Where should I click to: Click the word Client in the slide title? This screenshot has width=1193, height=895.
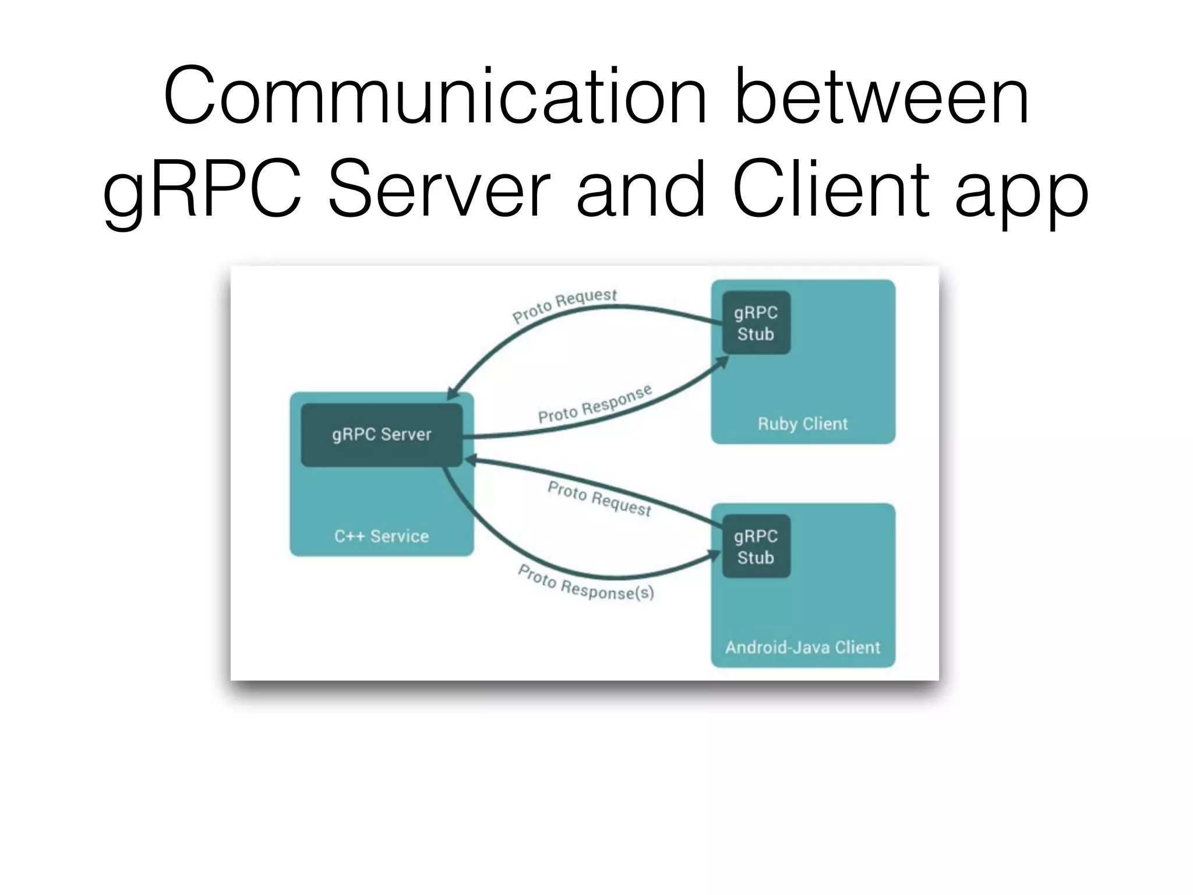831,189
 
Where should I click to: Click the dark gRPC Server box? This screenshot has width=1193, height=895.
382,435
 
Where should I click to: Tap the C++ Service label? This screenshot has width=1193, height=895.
382,536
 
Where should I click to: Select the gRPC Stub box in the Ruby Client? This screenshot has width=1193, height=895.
756,323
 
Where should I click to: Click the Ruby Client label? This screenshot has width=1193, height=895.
803,424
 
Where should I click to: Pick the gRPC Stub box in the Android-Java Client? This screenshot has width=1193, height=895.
756,547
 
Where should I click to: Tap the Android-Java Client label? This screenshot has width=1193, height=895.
803,647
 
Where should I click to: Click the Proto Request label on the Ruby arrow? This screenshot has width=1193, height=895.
564,305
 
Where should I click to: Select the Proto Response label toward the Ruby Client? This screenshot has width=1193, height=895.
594,404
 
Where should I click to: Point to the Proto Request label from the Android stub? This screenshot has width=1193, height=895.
599,499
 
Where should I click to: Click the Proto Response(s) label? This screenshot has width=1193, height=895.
585,583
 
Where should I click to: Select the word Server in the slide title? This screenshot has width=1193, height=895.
439,189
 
